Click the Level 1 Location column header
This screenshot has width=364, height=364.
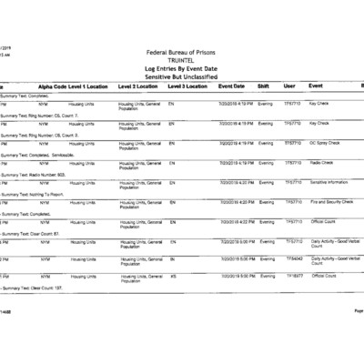[91, 86]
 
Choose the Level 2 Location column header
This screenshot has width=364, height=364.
[140, 86]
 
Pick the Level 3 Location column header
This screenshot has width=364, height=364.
[188, 86]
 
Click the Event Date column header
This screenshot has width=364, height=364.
[232, 86]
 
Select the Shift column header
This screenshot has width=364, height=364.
[263, 86]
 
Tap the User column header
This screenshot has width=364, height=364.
[289, 86]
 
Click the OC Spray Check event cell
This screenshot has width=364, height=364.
[325, 143]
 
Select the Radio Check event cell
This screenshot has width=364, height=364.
[321, 163]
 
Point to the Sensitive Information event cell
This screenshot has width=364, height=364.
[329, 182]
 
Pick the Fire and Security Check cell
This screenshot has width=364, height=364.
[331, 202]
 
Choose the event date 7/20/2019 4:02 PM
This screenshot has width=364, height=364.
[236, 221]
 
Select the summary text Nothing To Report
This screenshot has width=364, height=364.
[45, 194]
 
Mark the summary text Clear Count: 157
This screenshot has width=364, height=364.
[46, 288]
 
